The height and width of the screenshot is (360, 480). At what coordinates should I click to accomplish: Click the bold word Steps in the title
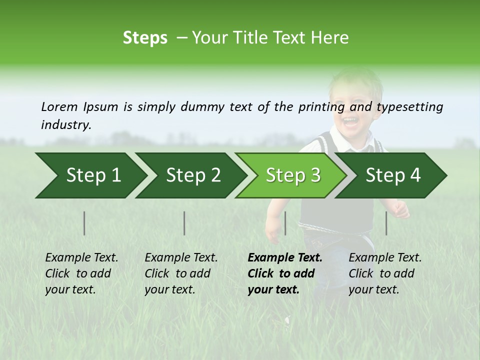(145, 38)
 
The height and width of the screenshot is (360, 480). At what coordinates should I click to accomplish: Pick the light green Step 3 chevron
(293, 175)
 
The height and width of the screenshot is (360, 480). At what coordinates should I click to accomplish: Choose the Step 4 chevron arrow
(393, 175)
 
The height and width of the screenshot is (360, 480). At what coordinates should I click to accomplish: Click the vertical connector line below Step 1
(84, 223)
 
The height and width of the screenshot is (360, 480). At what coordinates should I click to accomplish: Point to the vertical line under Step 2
(184, 223)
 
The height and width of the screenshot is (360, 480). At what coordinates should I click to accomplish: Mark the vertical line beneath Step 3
(285, 223)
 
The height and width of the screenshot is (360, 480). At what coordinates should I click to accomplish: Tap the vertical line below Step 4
(386, 223)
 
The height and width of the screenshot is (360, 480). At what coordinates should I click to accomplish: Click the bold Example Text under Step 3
(285, 258)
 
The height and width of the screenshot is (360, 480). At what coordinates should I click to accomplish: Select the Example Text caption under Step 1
(81, 258)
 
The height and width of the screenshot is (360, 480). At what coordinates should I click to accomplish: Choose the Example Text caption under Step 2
(181, 258)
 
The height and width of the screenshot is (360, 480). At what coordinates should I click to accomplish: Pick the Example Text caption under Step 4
(385, 258)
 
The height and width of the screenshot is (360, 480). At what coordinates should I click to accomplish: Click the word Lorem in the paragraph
(59, 106)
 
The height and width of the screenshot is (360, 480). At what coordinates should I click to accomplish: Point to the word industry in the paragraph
(65, 124)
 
